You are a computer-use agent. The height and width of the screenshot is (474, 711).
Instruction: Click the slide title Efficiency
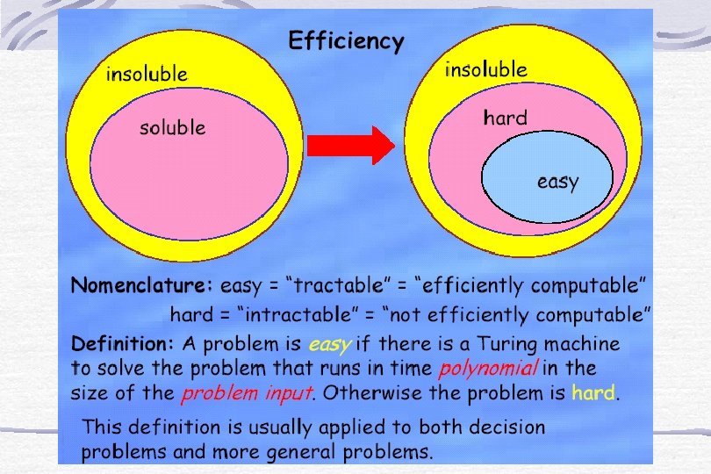(x=347, y=41)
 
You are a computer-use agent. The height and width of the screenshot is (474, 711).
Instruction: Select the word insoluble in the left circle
(x=147, y=74)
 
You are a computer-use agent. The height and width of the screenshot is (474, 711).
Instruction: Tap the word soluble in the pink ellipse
(x=173, y=127)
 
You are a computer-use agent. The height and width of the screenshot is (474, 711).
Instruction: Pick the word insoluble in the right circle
(x=485, y=69)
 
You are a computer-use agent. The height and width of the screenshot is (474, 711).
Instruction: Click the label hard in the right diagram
(x=505, y=118)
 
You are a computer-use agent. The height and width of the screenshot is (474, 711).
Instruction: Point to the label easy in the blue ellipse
(x=557, y=182)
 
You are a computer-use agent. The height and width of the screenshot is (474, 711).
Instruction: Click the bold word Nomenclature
(x=141, y=285)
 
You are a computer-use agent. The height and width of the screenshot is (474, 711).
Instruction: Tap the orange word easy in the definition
(x=330, y=343)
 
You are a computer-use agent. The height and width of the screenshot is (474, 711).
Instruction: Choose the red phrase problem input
(x=247, y=392)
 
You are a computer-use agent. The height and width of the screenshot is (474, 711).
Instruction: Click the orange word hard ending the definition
(x=593, y=392)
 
